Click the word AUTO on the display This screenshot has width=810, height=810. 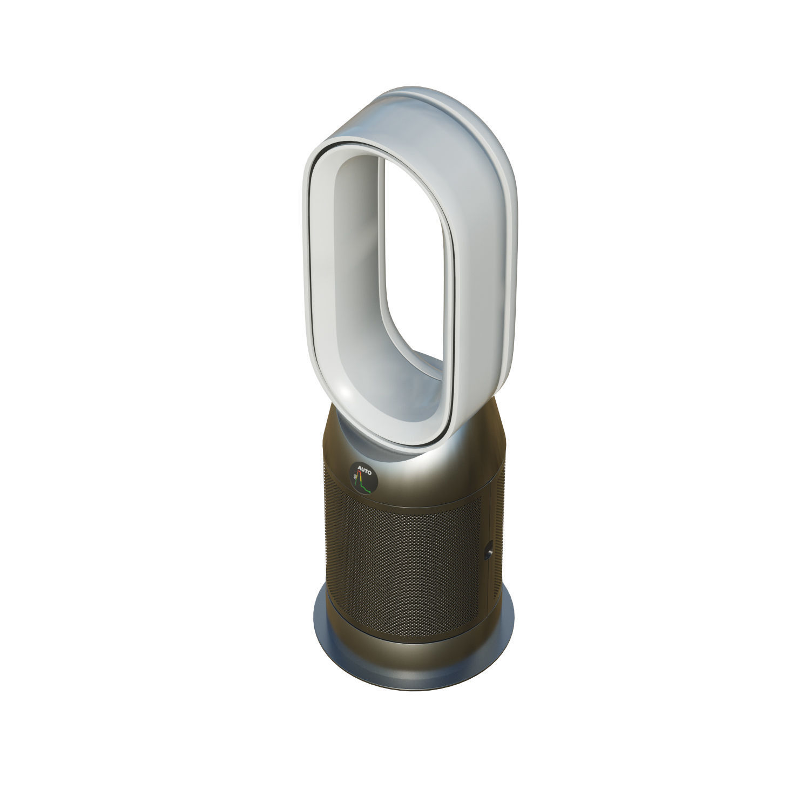tap(365, 472)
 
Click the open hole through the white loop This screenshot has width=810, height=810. tap(413, 259)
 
